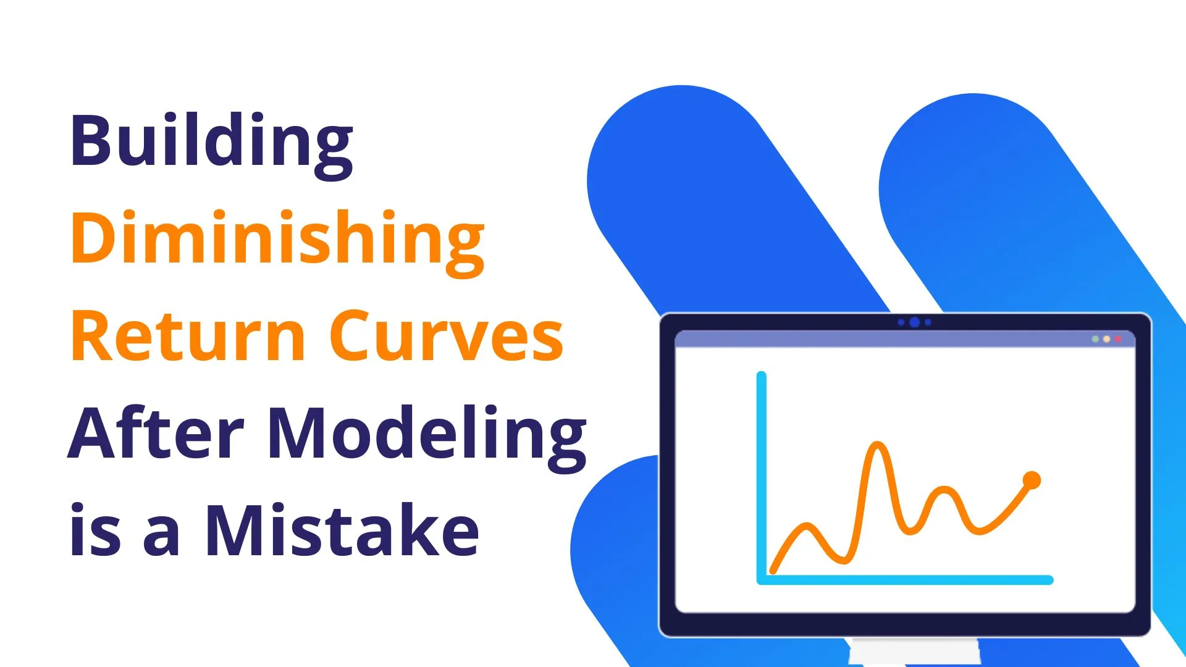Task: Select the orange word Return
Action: tap(188, 336)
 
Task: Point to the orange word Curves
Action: tap(445, 336)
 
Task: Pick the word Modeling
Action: tap(427, 438)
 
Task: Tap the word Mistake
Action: tap(342, 529)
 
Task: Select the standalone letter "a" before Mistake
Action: tap(162, 537)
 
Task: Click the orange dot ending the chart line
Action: tap(1032, 480)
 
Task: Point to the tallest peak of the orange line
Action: tap(877, 444)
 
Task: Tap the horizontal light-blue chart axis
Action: tap(905, 580)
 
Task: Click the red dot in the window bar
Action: tap(1117, 339)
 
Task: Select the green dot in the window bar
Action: tap(1095, 339)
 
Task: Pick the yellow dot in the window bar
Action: tap(1106, 339)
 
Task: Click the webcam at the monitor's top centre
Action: tap(915, 322)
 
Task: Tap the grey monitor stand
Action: tap(914, 652)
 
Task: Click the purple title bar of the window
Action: tap(905, 339)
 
